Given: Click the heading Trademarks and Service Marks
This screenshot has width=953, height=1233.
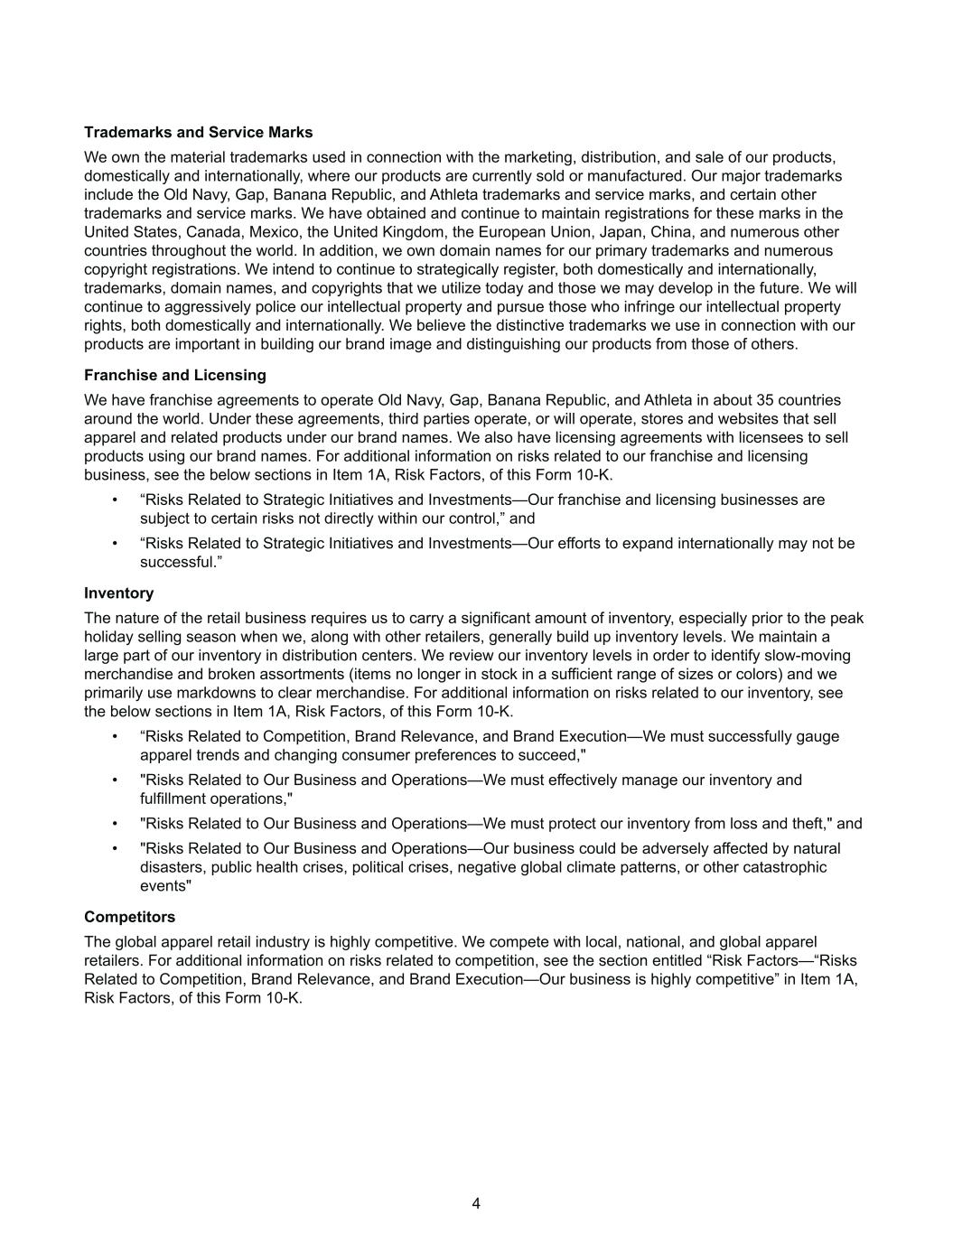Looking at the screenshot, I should pyautogui.click(x=198, y=133).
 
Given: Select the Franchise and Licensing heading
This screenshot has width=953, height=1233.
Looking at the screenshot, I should pyautogui.click(x=174, y=375).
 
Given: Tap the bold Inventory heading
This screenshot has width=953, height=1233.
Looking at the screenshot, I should pyautogui.click(x=118, y=593).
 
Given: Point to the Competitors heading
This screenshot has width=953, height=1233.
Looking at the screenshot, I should pyautogui.click(x=129, y=917).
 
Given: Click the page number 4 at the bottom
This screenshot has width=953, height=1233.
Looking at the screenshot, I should pyautogui.click(x=476, y=1203).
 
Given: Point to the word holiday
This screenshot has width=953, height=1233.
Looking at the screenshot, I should pyautogui.click(x=108, y=637).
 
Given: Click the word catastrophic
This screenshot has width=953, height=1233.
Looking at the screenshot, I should pyautogui.click(x=784, y=867).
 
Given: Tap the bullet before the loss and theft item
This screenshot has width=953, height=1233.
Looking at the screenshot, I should pyautogui.click(x=115, y=824).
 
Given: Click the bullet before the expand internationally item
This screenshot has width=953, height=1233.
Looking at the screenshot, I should pyautogui.click(x=115, y=544).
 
